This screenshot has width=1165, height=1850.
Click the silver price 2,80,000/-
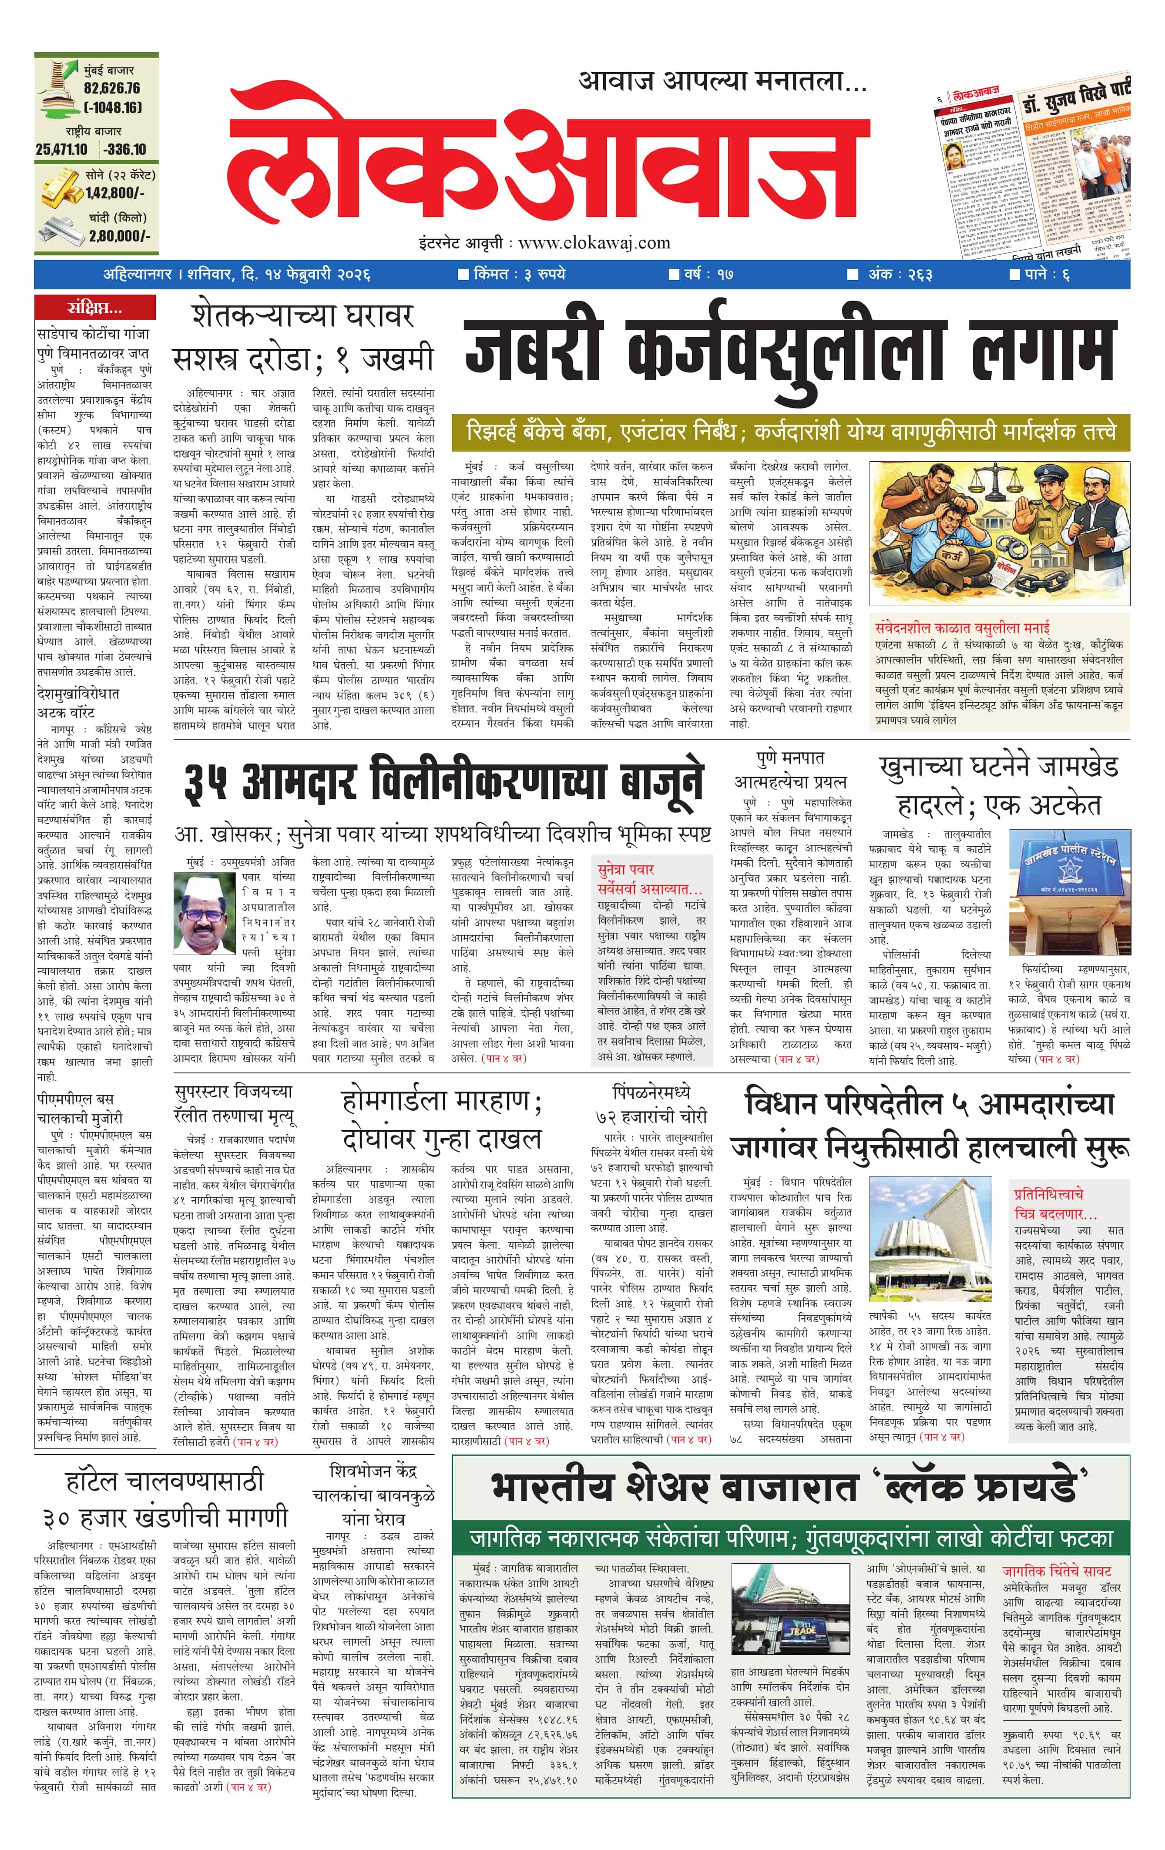(119, 236)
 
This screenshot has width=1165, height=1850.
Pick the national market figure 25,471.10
(61, 149)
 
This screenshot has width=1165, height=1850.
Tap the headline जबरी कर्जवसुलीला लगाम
(789, 352)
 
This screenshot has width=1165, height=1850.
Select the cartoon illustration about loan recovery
(999, 533)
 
